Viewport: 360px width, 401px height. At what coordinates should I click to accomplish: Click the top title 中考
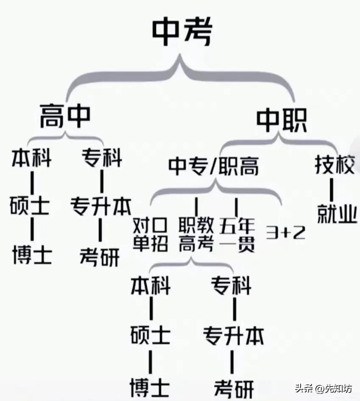pyautogui.click(x=182, y=31)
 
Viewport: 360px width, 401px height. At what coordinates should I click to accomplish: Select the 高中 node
pyautogui.click(x=65, y=116)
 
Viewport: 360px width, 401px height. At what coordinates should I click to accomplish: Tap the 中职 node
pyautogui.click(x=282, y=120)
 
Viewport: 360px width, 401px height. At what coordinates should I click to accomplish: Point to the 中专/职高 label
pyautogui.click(x=213, y=166)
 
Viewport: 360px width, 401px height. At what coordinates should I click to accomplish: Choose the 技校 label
pyautogui.click(x=335, y=165)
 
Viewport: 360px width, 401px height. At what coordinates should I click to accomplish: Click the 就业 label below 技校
pyautogui.click(x=337, y=214)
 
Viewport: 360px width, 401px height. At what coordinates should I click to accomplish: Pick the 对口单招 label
pyautogui.click(x=151, y=234)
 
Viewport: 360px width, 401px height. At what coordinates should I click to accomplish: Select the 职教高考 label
pyautogui.click(x=196, y=234)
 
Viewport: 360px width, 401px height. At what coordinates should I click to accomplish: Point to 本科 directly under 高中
pyautogui.click(x=32, y=158)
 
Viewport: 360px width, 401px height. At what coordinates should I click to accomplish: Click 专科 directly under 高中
pyautogui.click(x=102, y=158)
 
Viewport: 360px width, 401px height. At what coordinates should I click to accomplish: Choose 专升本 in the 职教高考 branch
pyautogui.click(x=233, y=336)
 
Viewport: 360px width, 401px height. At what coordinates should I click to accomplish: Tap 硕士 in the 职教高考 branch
pyautogui.click(x=151, y=335)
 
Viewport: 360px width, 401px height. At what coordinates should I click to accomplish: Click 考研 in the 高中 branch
pyautogui.click(x=100, y=257)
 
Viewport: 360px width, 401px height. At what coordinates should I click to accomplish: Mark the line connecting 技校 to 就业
pyautogui.click(x=332, y=190)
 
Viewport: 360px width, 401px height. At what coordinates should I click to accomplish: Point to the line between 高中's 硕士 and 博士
pyautogui.click(x=32, y=229)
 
